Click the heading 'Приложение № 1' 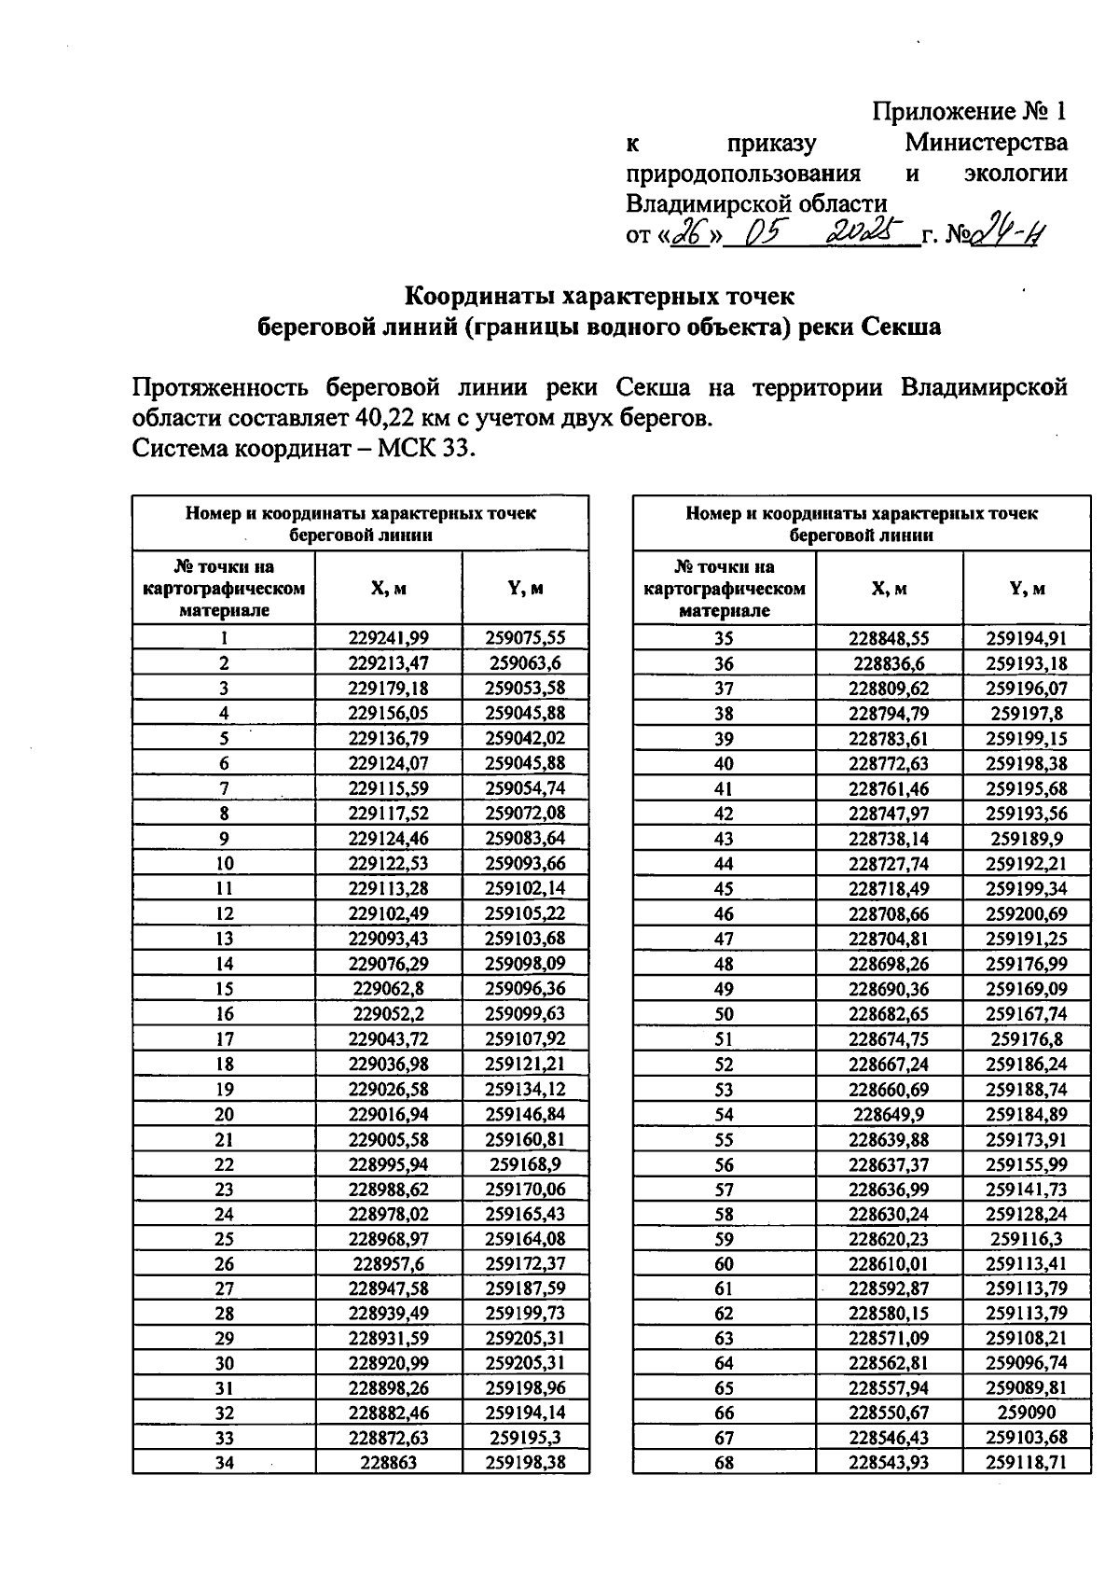point(968,112)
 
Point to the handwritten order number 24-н point(1006,231)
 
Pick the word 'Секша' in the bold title point(900,327)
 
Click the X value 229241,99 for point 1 point(389,638)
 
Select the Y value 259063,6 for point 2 point(526,663)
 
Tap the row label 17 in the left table point(224,1039)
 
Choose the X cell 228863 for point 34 point(389,1463)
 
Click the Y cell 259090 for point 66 point(1026,1413)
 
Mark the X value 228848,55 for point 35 point(889,638)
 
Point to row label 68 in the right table point(724,1463)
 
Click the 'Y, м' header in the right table point(1026,589)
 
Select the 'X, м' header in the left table point(389,589)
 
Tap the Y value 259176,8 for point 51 point(1026,1039)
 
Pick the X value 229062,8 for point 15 point(389,989)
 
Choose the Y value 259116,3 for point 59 point(1026,1239)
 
